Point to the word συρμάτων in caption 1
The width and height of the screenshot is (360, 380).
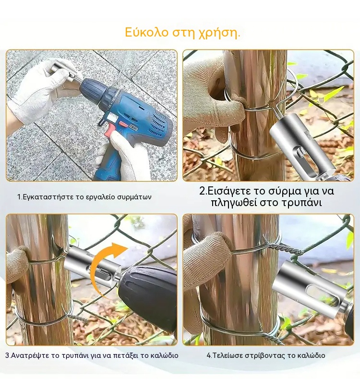(134, 197)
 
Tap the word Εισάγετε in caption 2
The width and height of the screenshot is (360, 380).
(229, 192)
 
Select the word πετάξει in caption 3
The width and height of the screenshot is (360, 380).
(119, 356)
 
